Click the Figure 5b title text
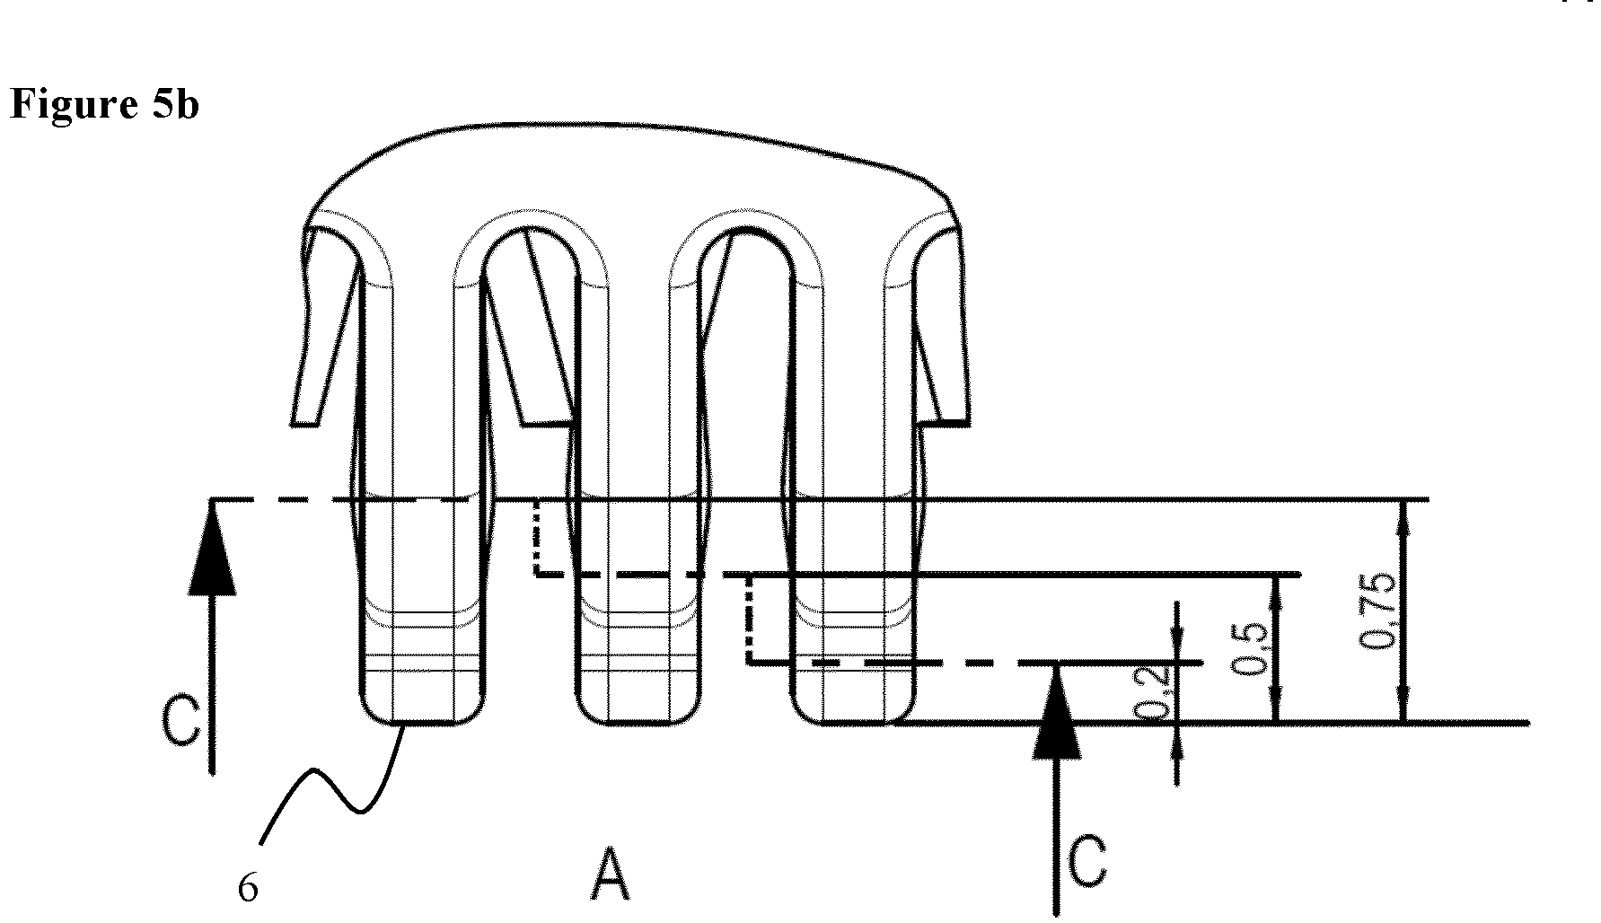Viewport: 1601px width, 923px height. (104, 105)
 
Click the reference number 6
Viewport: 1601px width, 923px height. (248, 888)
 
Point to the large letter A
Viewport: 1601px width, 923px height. (610, 875)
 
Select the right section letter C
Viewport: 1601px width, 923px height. (1087, 861)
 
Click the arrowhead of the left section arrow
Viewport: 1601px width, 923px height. (213, 548)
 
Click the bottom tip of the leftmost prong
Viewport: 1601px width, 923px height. (421, 722)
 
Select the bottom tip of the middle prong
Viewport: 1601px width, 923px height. (638, 722)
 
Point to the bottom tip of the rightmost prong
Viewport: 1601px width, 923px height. (854, 722)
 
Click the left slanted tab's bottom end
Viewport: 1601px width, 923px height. (304, 422)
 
